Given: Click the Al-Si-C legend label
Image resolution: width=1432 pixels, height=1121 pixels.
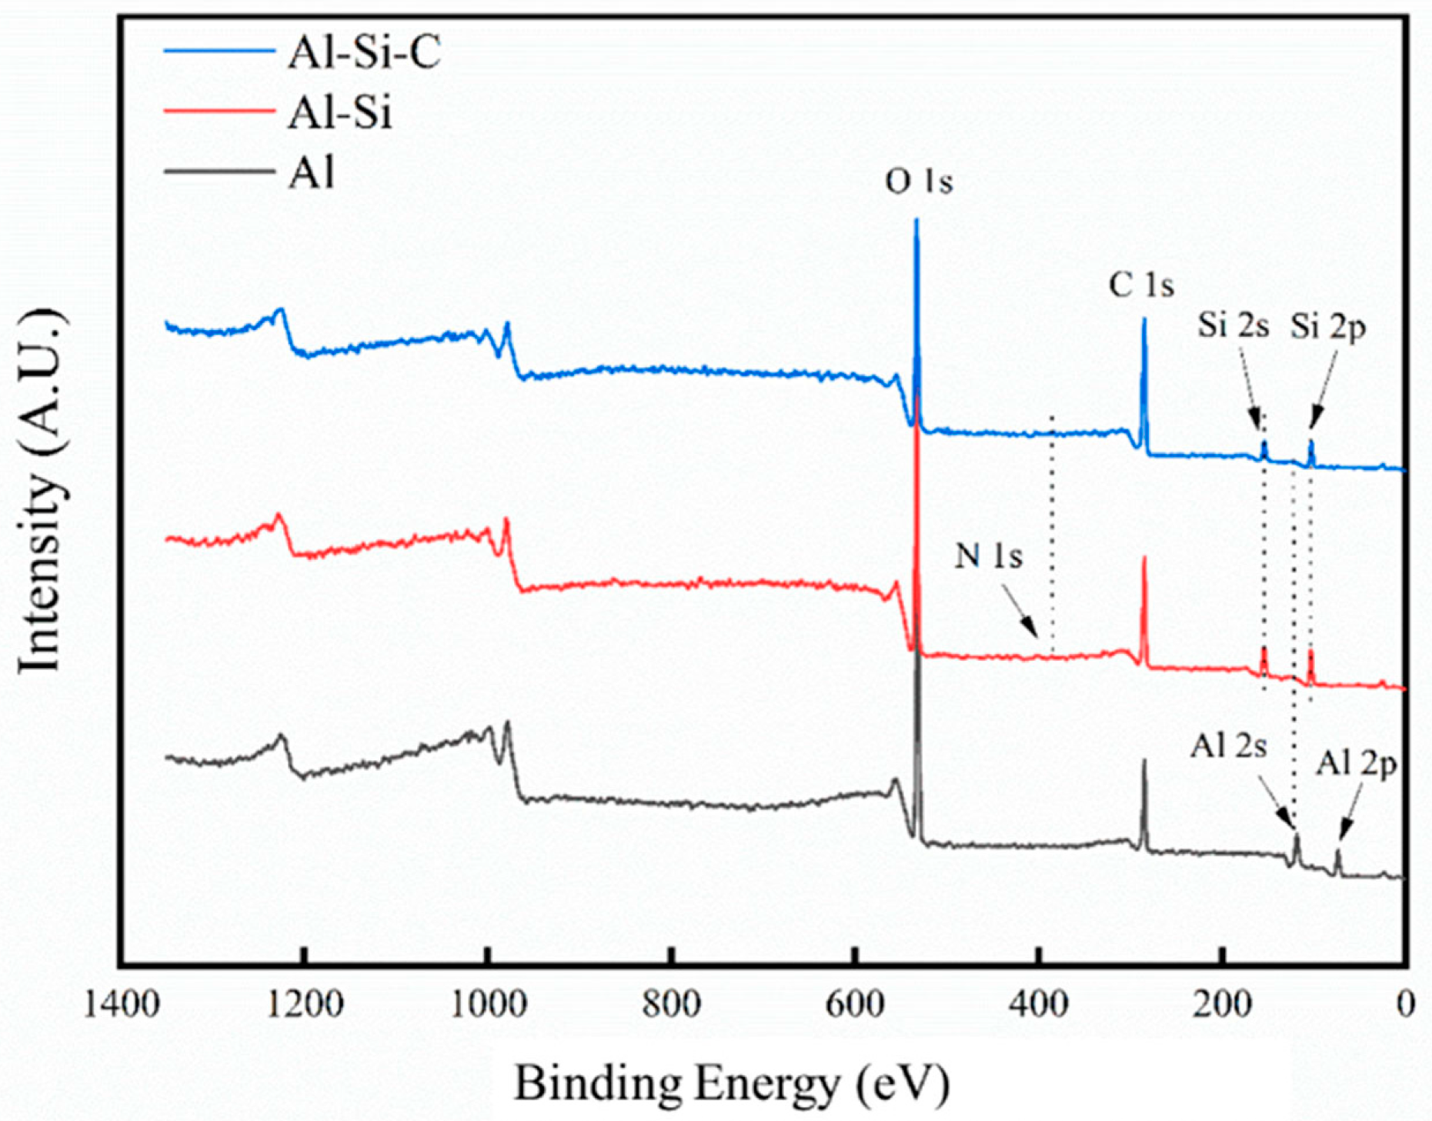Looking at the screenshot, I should [364, 53].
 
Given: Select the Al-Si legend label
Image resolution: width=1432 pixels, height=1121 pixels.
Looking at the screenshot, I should [339, 113].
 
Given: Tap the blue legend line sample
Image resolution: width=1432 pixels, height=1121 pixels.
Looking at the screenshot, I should [219, 51].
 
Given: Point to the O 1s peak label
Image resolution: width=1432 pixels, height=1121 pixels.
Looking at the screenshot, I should [918, 182].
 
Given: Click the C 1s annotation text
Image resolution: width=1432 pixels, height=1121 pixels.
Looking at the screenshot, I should [1140, 286].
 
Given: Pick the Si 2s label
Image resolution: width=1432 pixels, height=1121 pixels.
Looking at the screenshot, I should [1232, 325].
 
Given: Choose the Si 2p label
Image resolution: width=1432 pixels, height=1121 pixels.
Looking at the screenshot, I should [1327, 327].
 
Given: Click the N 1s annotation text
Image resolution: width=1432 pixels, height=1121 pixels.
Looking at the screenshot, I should [988, 555].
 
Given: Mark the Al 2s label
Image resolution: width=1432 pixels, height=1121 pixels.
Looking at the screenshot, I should [1227, 746].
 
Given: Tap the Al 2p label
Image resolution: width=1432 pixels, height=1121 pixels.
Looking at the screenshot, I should [1355, 764].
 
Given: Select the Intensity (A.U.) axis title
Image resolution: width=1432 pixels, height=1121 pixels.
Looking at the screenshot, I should [40, 492].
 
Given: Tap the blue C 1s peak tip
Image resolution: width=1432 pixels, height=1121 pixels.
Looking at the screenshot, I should [1144, 319].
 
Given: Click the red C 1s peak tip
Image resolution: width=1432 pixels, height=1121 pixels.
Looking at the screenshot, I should [1144, 557].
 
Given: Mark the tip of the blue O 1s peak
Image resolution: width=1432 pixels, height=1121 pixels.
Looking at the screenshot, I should [916, 220].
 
